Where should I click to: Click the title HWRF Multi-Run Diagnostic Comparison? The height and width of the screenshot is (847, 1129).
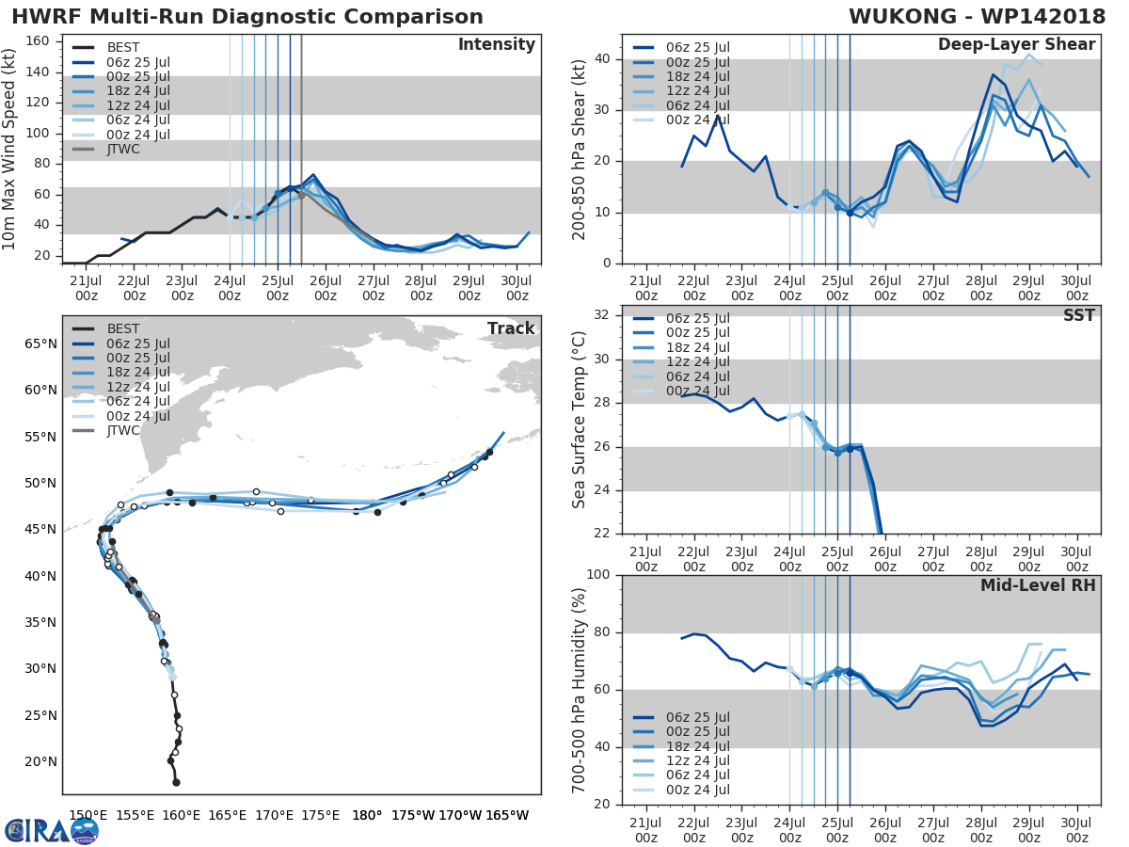(247, 17)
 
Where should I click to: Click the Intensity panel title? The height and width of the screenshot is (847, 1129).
(496, 45)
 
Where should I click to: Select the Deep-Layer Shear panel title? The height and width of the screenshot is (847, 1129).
(1016, 45)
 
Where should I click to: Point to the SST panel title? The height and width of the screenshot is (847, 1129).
(1077, 315)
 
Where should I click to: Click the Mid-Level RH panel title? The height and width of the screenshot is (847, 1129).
(1038, 585)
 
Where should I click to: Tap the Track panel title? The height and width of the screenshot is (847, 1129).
(511, 328)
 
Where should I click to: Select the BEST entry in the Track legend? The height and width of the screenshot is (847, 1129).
(123, 328)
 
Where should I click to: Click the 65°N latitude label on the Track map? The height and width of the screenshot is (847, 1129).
(40, 344)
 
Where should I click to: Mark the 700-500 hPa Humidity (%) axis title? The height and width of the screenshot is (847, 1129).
(580, 689)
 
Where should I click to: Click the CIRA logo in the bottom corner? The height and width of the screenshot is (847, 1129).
(51, 830)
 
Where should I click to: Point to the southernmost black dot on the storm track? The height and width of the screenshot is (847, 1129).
(176, 782)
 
